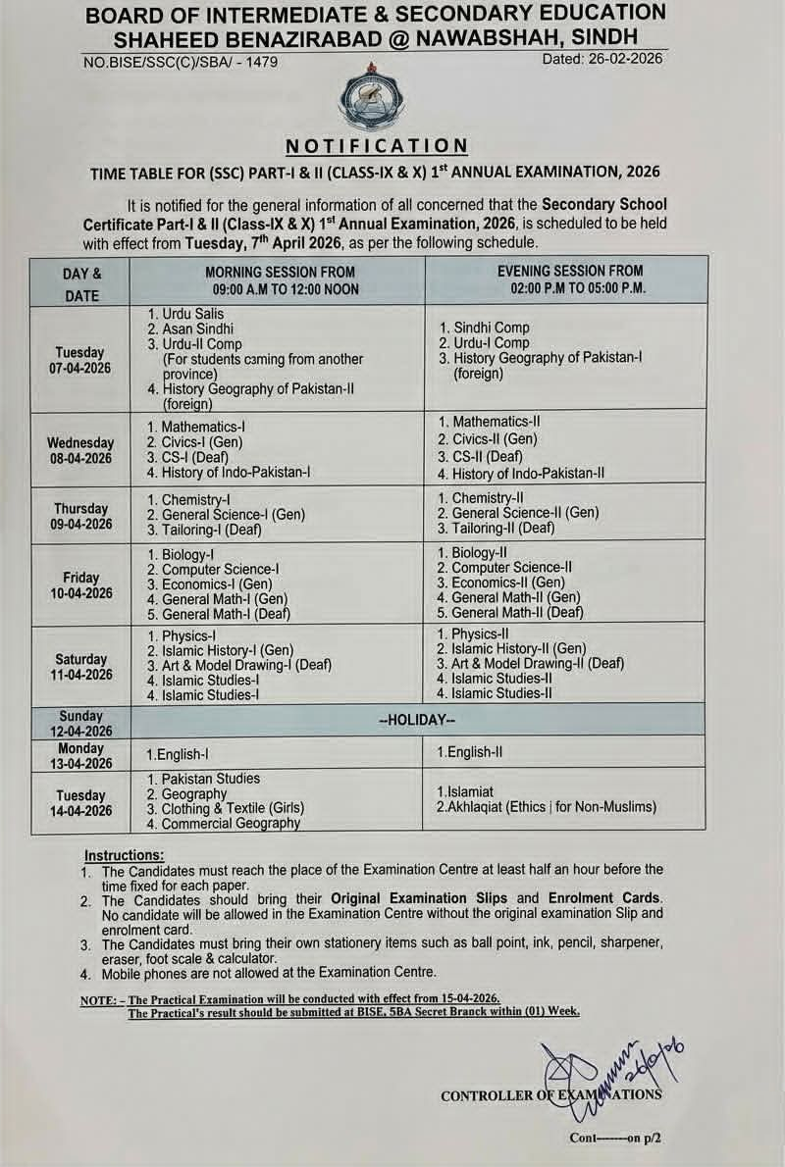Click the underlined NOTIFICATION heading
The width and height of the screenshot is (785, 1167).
377,146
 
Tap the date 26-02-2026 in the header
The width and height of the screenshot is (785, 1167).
602,59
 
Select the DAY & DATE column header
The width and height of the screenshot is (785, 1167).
81,282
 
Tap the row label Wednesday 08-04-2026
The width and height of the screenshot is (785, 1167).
80,451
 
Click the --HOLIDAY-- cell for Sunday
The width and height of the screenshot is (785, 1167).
417,720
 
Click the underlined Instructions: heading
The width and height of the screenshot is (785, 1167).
124,855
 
